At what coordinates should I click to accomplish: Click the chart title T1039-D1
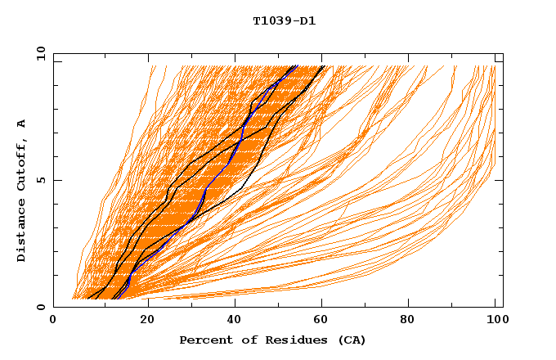284,20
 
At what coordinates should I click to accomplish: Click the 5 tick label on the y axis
39,180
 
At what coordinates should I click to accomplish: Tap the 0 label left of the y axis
39,307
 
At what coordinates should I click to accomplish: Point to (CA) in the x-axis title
351,340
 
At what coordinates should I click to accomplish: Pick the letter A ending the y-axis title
21,124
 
